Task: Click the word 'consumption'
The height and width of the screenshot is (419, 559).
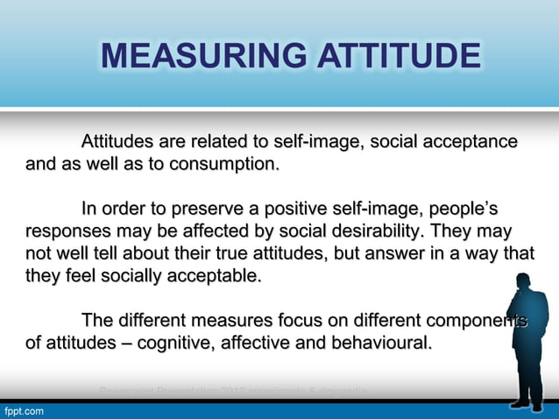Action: tap(225, 164)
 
